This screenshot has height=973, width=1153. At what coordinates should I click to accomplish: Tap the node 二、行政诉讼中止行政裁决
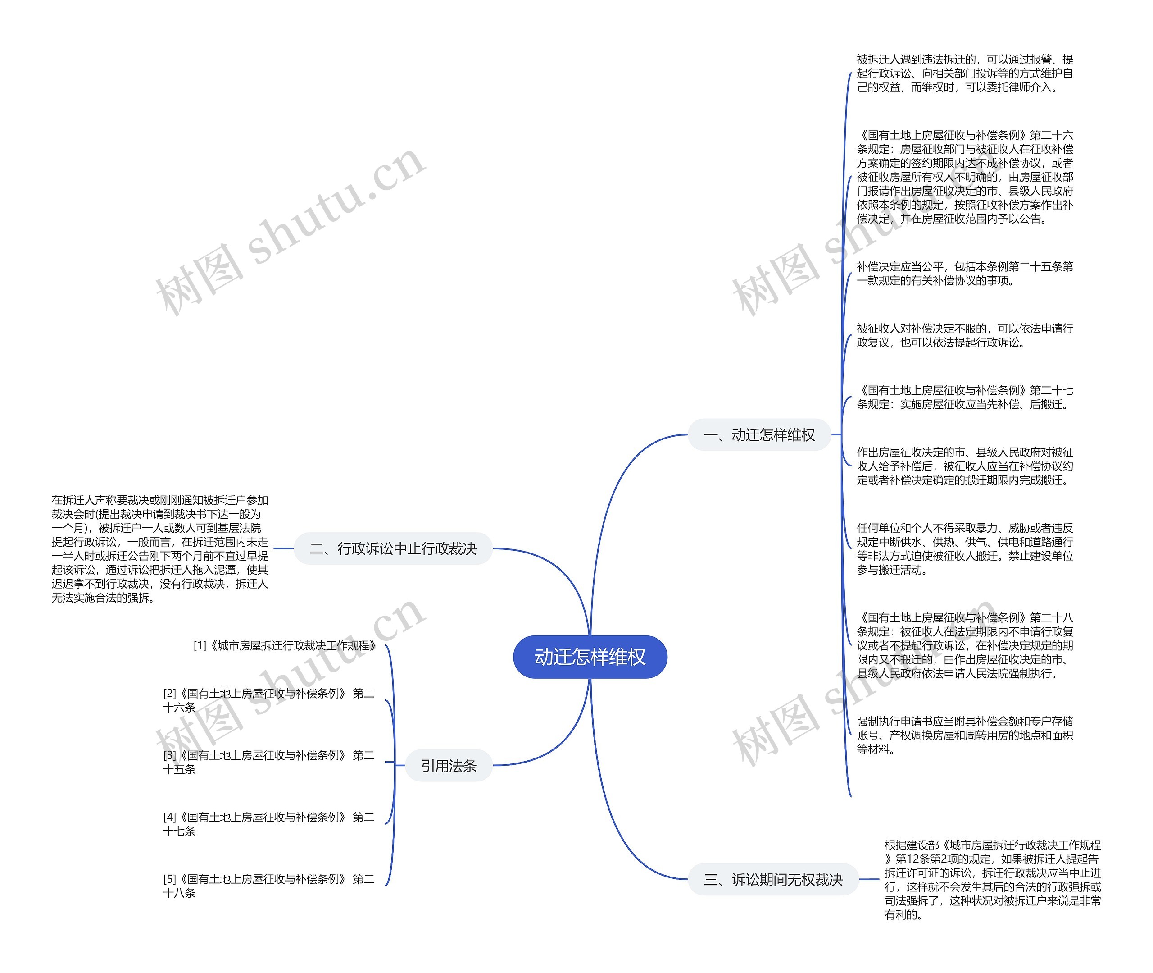[x=393, y=548]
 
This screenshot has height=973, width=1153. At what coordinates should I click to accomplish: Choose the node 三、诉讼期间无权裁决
[x=773, y=879]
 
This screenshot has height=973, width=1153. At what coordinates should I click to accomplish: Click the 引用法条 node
[x=449, y=766]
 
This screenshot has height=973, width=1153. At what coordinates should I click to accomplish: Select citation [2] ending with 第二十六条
[x=269, y=700]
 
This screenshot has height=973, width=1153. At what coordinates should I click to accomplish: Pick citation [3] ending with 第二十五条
[x=269, y=762]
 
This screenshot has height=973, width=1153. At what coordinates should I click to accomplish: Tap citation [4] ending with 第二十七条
[x=269, y=823]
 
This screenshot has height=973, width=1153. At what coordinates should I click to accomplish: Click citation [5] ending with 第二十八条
[x=269, y=885]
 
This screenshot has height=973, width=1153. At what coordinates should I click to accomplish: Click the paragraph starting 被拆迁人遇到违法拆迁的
[x=964, y=73]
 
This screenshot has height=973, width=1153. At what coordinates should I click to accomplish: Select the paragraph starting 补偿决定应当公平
[x=964, y=274]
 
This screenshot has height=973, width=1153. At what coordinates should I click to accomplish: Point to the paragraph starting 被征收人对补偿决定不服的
[x=964, y=335]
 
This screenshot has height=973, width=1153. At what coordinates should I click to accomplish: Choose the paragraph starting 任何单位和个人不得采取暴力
[x=964, y=549]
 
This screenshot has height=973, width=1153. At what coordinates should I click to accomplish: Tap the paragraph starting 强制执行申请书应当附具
[x=964, y=735]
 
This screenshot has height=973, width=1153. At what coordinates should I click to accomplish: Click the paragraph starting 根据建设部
[x=993, y=879]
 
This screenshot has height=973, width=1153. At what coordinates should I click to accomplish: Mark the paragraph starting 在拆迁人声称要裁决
[x=160, y=548]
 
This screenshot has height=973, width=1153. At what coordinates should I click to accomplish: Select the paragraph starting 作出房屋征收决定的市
[x=964, y=466]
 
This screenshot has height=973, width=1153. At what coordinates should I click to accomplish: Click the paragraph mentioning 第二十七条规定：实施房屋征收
[x=964, y=397]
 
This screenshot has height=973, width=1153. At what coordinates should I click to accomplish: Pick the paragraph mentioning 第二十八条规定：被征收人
[x=964, y=645]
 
